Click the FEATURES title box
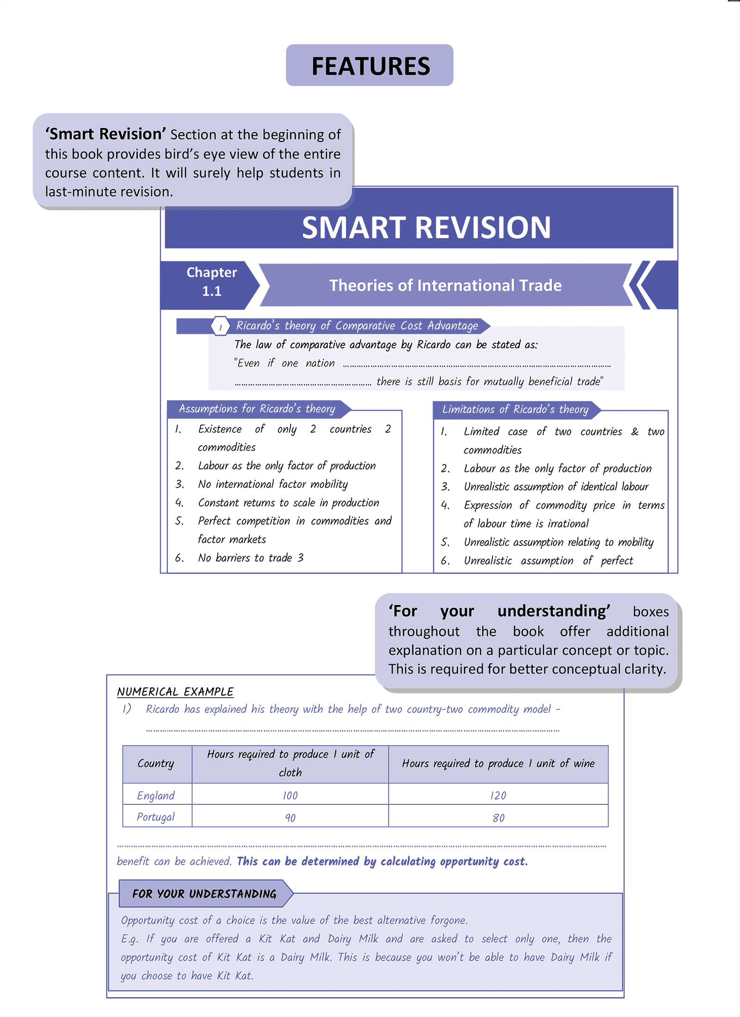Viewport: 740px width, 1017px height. [370, 66]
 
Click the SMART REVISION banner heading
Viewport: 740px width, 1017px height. [425, 227]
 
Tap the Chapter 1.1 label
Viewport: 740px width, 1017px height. [211, 282]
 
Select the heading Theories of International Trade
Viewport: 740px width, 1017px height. [445, 285]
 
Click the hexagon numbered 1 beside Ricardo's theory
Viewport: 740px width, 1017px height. [221, 326]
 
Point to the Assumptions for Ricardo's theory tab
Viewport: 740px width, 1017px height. [257, 409]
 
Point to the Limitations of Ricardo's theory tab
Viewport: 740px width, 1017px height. [515, 409]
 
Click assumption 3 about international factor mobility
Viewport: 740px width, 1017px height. [272, 484]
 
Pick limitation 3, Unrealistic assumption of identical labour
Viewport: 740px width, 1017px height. [556, 487]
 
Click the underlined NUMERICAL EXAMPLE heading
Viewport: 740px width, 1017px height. [175, 692]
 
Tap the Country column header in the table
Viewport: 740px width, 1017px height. [156, 763]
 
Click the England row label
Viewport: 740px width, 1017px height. [156, 795]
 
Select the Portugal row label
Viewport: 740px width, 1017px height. [156, 817]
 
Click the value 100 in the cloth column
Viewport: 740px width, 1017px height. [290, 796]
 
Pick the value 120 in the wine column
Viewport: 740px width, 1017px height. [498, 796]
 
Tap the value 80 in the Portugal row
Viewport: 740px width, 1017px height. [498, 818]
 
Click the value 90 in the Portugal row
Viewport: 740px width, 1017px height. [290, 818]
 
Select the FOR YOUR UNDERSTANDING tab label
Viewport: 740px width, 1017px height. [204, 894]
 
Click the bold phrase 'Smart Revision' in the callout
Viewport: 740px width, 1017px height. [105, 134]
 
